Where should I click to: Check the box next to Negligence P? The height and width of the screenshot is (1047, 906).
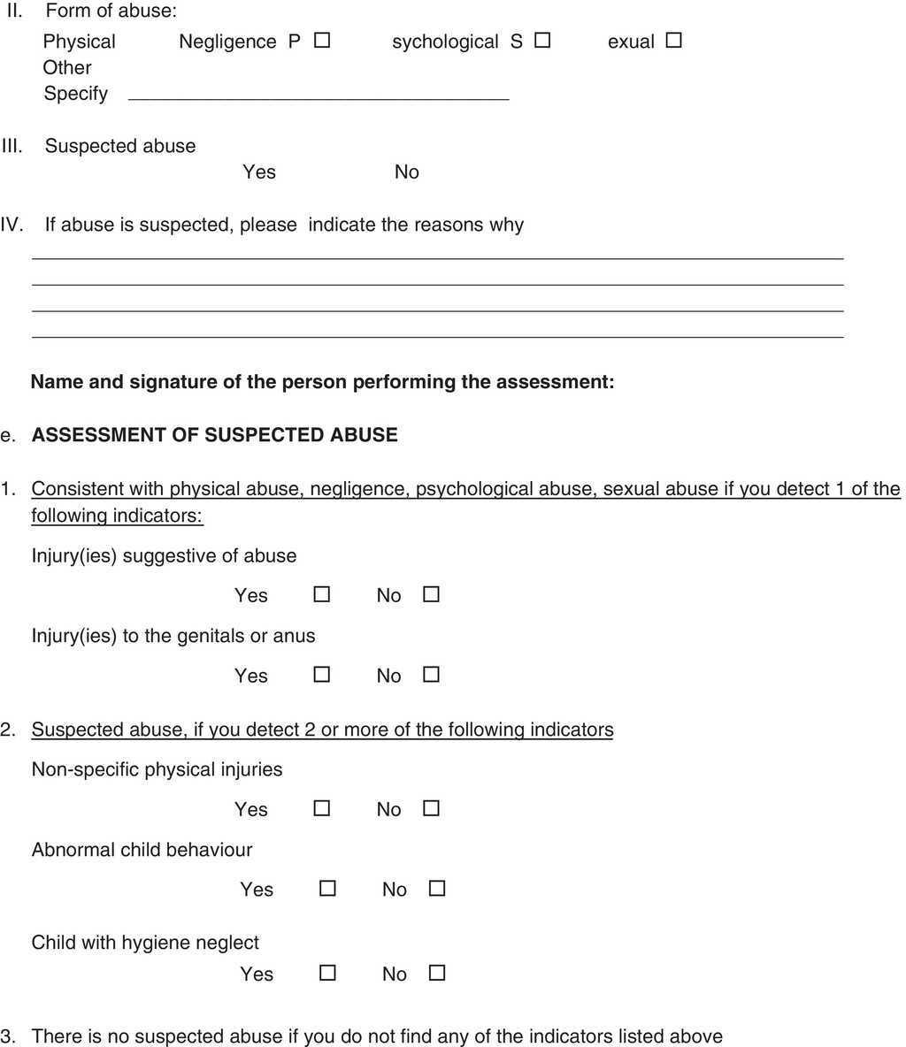322,41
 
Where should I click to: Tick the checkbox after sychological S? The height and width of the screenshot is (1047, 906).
542,41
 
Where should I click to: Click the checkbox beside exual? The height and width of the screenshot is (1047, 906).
673,41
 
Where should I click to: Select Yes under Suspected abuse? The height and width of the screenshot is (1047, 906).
259,172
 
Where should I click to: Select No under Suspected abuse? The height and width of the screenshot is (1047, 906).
407,172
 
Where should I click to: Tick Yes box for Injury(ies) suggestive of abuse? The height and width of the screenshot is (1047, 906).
322,594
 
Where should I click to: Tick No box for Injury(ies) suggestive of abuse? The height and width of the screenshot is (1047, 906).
431,594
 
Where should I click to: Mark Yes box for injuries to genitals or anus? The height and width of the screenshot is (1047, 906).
322,675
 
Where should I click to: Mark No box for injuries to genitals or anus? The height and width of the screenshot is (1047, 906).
431,675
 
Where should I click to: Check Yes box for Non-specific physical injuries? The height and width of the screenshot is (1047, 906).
322,808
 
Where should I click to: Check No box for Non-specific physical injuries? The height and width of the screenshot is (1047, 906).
431,808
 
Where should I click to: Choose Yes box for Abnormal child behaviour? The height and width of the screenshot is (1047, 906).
327,888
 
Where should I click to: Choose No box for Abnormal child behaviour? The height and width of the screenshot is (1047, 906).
436,888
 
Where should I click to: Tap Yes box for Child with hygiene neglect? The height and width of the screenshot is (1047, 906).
327,973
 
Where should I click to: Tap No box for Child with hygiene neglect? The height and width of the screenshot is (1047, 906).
436,973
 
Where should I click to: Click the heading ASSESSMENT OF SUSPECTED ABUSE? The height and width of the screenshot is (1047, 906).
215,435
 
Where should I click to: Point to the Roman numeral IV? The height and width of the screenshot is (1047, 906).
12,225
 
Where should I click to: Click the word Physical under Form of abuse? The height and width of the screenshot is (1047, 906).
79,42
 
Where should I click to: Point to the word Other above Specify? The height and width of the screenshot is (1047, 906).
67,67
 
